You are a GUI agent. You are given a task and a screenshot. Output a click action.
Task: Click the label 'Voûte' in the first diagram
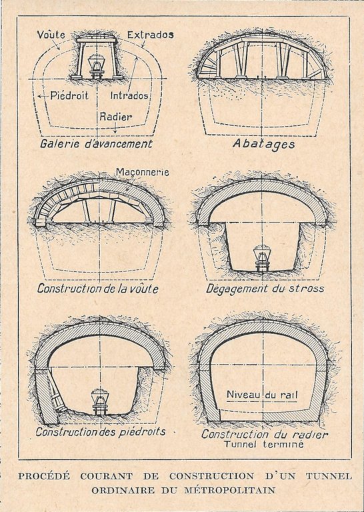click(51, 35)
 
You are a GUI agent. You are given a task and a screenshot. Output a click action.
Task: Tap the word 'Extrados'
click(151, 35)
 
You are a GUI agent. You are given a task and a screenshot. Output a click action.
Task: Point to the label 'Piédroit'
click(69, 95)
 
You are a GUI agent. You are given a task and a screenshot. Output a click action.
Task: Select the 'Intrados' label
click(129, 95)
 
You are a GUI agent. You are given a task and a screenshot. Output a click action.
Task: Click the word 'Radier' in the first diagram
click(116, 117)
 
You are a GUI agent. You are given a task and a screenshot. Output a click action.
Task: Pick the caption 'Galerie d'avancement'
click(96, 144)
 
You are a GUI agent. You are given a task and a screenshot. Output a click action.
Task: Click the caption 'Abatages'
click(264, 144)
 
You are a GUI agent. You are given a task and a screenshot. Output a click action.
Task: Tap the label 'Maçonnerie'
click(143, 172)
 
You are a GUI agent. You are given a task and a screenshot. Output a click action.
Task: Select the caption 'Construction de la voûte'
click(97, 289)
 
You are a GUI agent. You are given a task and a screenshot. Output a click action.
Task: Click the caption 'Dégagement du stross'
click(265, 289)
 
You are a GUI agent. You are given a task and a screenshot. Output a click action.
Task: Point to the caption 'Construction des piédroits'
click(101, 432)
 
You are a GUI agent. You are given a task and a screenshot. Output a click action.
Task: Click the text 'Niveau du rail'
click(262, 395)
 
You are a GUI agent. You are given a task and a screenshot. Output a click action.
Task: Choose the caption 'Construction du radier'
click(265, 434)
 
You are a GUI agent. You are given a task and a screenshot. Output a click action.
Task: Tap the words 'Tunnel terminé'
click(263, 445)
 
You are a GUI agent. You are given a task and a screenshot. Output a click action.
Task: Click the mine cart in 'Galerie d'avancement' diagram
click(96, 67)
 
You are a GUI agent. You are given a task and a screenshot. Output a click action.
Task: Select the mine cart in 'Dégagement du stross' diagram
click(261, 257)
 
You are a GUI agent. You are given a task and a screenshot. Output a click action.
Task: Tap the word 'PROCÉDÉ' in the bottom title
click(44, 476)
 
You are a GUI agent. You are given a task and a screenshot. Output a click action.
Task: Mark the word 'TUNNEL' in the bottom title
click(329, 476)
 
